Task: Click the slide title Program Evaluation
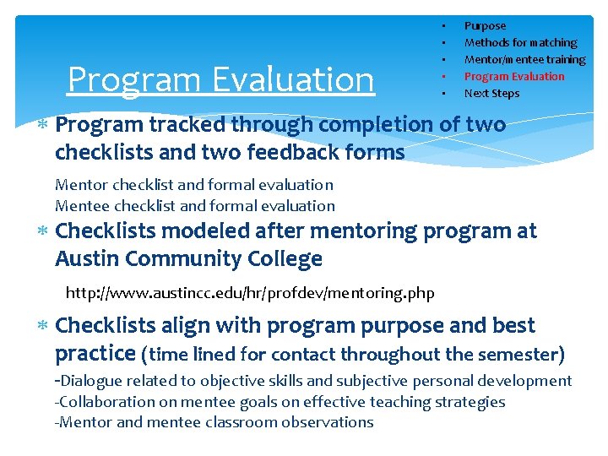[220, 79]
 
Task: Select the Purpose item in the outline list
[485, 26]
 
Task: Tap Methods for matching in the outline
[520, 43]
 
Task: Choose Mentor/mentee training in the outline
[524, 60]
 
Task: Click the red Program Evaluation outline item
[513, 77]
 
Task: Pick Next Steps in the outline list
[491, 94]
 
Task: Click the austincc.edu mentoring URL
[250, 294]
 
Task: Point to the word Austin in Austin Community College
[88, 259]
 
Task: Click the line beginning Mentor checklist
[193, 185]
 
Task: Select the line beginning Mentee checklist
[194, 206]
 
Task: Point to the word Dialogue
[90, 382]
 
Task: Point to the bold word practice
[95, 353]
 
